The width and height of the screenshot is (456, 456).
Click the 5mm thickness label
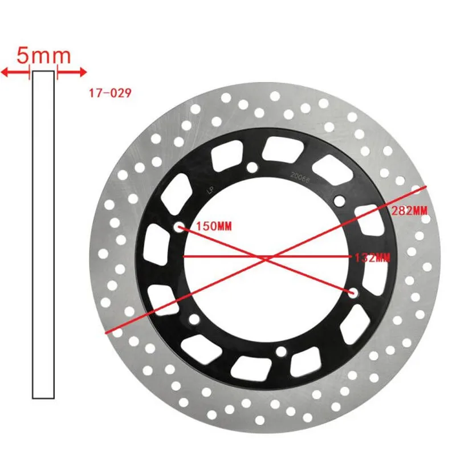coord(44,56)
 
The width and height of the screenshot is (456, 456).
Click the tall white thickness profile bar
coord(43,234)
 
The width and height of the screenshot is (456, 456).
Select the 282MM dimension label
coord(410,210)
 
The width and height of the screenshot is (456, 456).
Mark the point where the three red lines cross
coord(266,258)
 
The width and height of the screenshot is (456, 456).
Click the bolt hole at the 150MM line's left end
coord(180,227)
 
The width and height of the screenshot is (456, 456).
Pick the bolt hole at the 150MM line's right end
coord(352,292)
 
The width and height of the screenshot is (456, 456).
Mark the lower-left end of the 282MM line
coord(107,331)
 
